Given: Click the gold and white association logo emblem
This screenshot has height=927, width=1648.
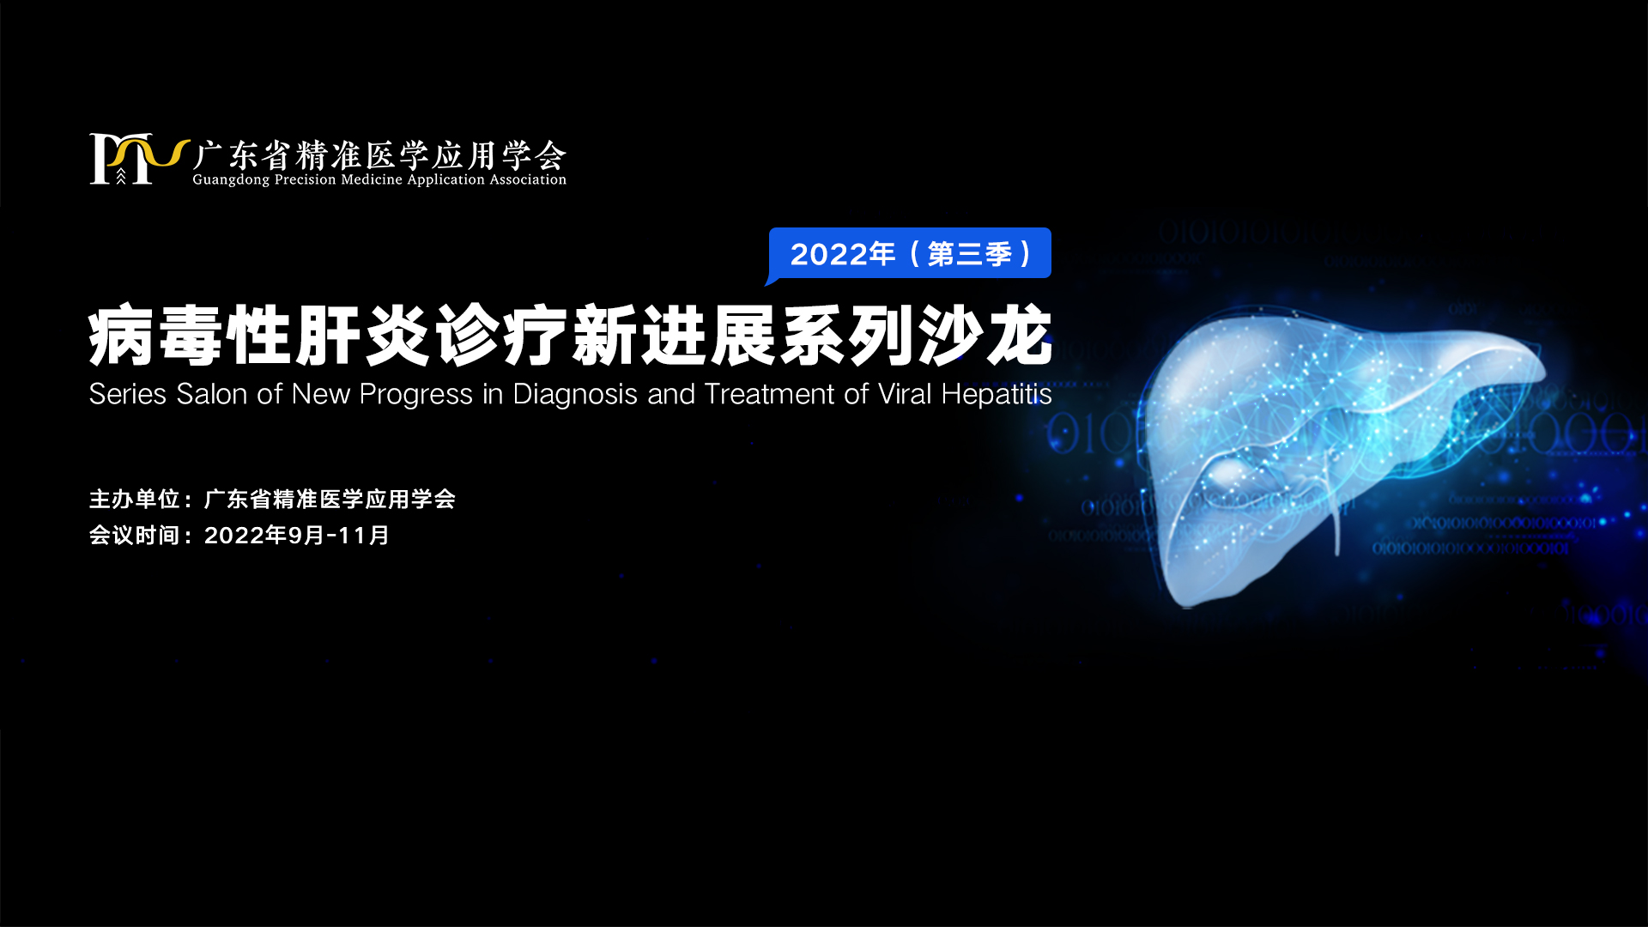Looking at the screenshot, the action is (137, 159).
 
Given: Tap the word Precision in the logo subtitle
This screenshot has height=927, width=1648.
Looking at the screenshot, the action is (305, 179).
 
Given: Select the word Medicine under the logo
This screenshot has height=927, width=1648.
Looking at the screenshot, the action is (372, 179).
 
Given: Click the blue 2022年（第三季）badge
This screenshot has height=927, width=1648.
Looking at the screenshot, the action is (910, 254).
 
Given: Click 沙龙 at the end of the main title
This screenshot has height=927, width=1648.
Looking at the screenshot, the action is (985, 336).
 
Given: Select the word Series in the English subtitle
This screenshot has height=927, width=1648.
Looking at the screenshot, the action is (128, 394).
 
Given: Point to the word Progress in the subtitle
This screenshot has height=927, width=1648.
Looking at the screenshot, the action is (416, 395).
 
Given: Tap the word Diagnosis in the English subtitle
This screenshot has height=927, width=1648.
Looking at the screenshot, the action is (575, 395).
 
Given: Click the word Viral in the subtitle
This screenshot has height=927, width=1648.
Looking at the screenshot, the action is (905, 394).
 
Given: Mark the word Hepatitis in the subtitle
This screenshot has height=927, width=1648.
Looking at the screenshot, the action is (997, 395).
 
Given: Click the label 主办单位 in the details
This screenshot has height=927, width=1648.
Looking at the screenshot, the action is (135, 499).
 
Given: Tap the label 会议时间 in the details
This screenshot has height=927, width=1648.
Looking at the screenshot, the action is (135, 535).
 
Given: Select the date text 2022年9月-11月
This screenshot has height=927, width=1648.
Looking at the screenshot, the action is (297, 535).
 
